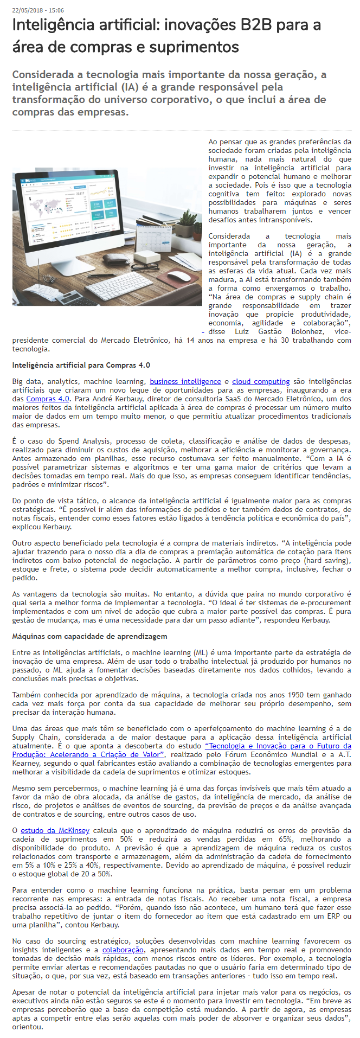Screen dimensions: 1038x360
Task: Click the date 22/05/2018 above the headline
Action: point(27,10)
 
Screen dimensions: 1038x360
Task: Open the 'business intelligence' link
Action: point(185,382)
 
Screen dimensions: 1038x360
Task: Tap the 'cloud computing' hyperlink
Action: point(261,382)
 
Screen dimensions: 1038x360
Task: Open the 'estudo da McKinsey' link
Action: point(55,831)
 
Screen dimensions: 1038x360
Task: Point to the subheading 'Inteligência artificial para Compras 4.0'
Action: point(81,366)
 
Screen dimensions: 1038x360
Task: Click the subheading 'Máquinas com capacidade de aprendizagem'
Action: point(89,637)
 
